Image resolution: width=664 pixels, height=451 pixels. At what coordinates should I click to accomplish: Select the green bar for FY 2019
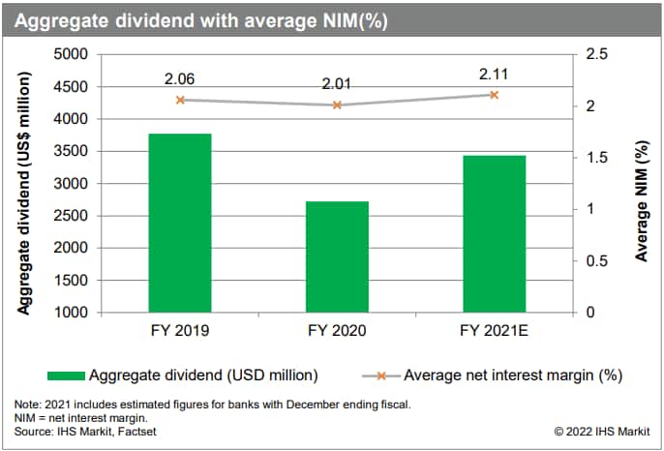click(180, 223)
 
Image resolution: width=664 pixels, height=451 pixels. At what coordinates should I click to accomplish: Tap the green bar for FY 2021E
click(494, 233)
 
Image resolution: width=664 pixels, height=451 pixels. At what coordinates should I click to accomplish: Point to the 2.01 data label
click(337, 85)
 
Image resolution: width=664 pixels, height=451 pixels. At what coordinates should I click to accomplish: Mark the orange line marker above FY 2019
click(180, 100)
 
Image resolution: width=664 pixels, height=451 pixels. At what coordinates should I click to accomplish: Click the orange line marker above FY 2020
click(337, 105)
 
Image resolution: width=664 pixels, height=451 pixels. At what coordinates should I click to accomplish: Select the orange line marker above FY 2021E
click(494, 95)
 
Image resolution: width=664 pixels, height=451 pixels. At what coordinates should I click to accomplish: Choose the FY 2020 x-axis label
click(337, 331)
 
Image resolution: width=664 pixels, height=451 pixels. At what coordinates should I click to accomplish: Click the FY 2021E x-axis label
click(494, 331)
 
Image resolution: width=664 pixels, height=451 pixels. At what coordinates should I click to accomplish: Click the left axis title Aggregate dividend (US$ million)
click(25, 184)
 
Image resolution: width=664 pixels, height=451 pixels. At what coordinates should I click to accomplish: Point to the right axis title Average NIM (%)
click(641, 184)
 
